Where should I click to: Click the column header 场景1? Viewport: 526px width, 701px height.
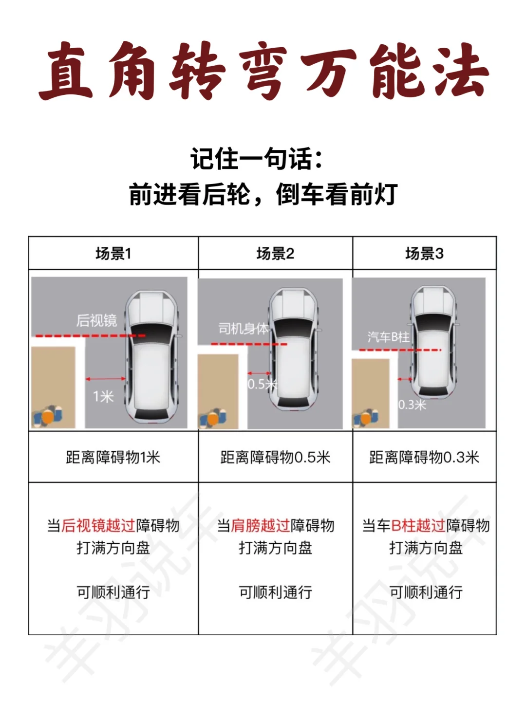point(113,254)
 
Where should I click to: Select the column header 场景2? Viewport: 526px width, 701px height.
point(275,254)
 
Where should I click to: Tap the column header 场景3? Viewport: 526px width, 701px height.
point(424,254)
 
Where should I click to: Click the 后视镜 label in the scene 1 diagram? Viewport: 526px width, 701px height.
point(96,321)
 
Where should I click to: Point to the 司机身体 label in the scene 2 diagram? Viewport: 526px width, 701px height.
point(244,329)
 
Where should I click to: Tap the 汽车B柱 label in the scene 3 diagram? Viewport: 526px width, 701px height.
point(388,337)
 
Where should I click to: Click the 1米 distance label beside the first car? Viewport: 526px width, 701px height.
point(103,397)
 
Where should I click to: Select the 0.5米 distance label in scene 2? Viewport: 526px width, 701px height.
point(263,384)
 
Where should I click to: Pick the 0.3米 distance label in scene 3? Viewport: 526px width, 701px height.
point(412,405)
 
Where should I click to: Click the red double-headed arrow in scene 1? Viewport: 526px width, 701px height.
point(106,379)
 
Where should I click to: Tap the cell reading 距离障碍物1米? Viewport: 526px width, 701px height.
point(113,457)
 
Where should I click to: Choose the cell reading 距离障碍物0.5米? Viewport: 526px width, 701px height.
point(275,457)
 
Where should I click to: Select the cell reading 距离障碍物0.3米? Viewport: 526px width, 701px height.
point(424,457)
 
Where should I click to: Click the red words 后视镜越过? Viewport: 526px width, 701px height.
point(98,525)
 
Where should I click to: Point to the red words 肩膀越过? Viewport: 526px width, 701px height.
point(261,525)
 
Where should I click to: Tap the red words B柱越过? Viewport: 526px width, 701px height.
point(418,525)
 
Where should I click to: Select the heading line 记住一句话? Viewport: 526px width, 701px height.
point(257,159)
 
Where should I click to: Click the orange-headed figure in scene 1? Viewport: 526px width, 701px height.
point(48,417)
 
